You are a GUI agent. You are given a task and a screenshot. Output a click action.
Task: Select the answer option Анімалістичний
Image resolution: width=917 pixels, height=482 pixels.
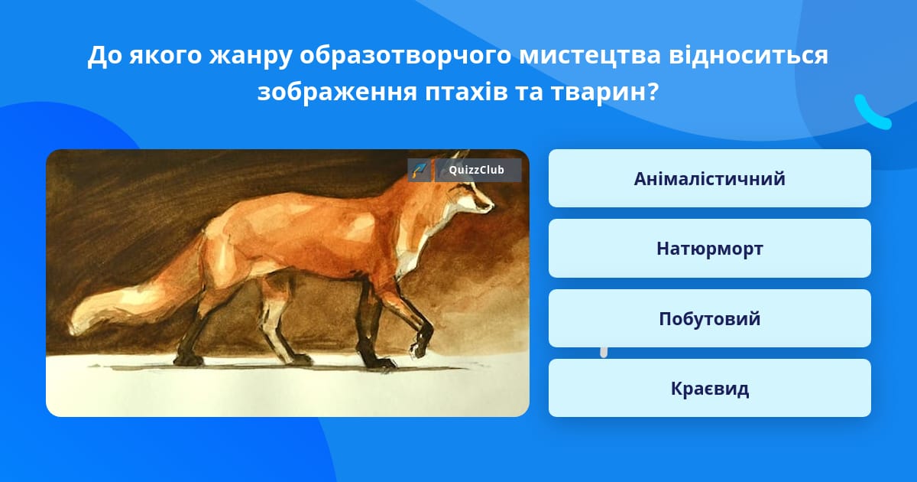tap(709, 178)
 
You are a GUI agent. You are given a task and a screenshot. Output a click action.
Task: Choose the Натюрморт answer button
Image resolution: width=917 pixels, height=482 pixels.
tap(709, 249)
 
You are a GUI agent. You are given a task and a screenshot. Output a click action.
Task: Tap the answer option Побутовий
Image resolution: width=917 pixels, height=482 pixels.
tap(709, 318)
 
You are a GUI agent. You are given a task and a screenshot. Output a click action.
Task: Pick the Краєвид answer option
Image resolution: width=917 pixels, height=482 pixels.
tap(709, 388)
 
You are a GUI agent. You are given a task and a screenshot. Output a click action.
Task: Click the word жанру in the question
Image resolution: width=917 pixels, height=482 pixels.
tap(251, 56)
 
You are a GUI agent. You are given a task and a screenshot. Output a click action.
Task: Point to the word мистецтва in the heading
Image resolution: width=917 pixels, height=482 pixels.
tap(590, 55)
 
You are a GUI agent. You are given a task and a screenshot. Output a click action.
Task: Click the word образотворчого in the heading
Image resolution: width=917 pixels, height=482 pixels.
tap(405, 56)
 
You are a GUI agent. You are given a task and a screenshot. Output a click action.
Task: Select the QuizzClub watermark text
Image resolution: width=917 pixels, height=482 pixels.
tap(477, 170)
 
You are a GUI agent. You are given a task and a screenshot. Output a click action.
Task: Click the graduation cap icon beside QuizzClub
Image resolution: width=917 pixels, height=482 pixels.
tap(420, 170)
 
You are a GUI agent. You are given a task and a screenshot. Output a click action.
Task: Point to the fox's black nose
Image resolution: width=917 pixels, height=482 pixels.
tap(492, 204)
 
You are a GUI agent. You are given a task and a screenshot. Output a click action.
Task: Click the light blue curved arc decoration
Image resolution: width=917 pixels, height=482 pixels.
tap(872, 113)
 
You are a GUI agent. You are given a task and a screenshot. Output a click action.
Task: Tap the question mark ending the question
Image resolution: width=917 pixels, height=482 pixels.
tap(653, 92)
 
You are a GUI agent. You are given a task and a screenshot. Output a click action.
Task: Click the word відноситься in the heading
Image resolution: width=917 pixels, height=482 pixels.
tap(748, 55)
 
